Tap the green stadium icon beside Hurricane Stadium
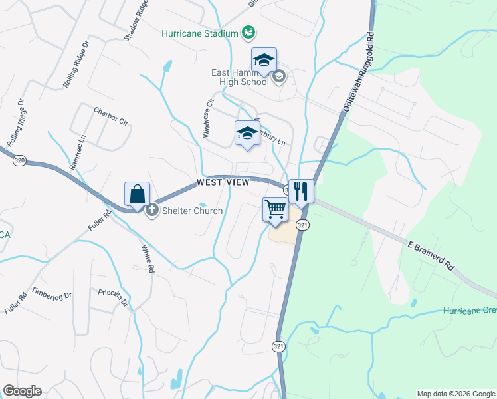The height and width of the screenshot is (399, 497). point(248,32)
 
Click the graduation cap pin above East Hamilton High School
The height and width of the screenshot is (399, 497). point(264,61)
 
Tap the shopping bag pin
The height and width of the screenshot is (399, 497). point(137,195)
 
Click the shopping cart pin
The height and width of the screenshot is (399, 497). point(276,210)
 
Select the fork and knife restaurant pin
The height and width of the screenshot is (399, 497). point(301,192)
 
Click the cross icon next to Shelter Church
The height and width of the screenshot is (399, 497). point(151,211)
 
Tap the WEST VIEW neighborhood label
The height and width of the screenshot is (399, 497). point(223,182)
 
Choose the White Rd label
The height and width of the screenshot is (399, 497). point(148,260)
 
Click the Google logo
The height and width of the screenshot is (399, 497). point(22,391)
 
